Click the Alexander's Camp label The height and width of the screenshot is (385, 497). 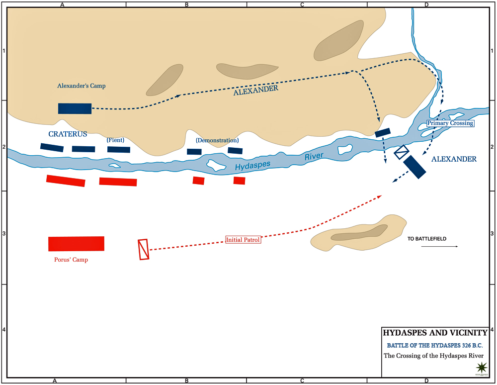coord(82,86)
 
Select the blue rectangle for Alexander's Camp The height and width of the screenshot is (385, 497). coord(75,108)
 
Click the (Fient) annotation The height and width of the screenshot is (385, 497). coord(115,140)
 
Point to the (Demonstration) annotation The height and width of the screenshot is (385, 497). coord(217,140)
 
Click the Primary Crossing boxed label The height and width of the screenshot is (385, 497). coord(450,123)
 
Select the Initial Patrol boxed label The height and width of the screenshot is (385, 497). coord(243,240)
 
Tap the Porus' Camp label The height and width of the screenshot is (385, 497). coord(71,260)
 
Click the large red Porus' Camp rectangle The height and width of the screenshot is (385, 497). coord(76,244)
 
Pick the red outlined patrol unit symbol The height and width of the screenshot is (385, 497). coord(144,250)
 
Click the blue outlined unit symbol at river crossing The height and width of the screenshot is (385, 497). coord(402,152)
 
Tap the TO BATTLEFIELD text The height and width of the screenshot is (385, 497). coord(427,239)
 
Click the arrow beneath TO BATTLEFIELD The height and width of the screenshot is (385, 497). coord(440,246)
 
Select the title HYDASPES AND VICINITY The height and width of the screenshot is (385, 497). coord(431,333)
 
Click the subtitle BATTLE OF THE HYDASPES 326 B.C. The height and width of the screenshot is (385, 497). coord(431,345)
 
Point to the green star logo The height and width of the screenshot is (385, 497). coord(481,369)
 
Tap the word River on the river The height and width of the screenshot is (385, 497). coord(314,156)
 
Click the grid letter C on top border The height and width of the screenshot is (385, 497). coord(302,5)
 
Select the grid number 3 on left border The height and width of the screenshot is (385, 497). coord(3,234)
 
